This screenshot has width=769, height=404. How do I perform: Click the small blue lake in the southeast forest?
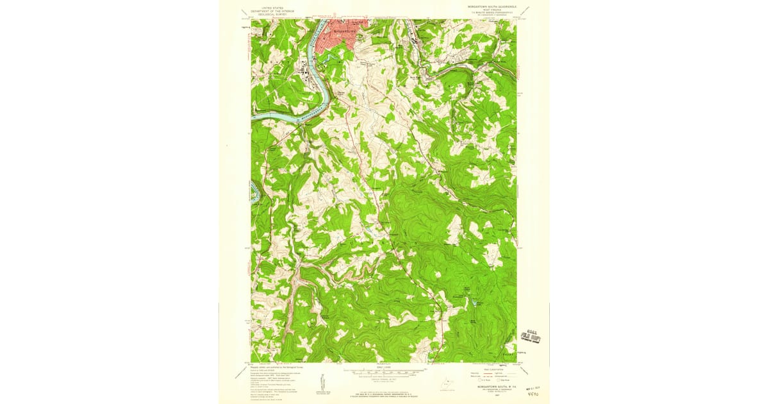[x=475, y=301]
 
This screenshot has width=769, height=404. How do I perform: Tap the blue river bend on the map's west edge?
[x=254, y=192]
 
